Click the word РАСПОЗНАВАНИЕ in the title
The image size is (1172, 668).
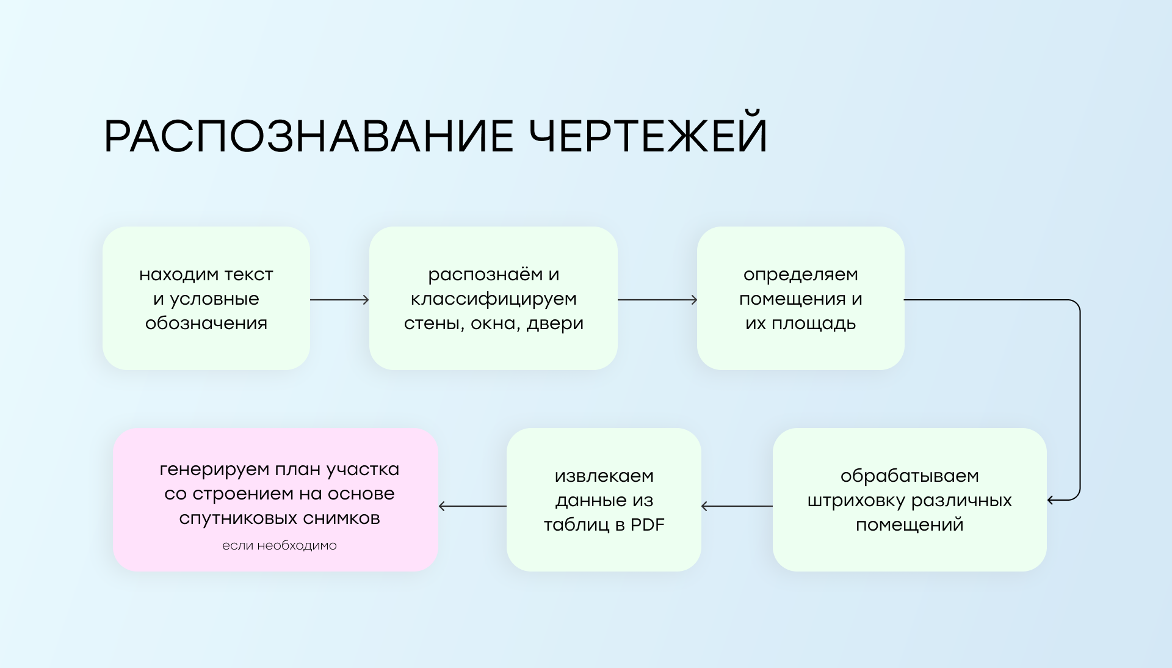click(x=309, y=136)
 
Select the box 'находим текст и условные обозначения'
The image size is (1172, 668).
click(x=206, y=298)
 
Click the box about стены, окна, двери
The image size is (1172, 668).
click(x=493, y=298)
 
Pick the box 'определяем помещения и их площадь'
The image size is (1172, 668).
click(x=800, y=298)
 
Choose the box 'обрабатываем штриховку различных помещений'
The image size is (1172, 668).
click(x=910, y=499)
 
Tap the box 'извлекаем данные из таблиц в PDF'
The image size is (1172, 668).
click(x=604, y=499)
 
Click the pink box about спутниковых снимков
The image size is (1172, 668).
click(x=276, y=499)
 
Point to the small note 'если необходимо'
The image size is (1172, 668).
click(x=280, y=545)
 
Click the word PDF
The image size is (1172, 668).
click(x=647, y=525)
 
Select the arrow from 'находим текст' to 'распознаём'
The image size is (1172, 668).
click(x=339, y=299)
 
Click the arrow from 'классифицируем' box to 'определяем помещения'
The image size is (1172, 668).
click(x=657, y=299)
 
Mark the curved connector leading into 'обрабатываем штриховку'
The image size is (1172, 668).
click(x=1080, y=400)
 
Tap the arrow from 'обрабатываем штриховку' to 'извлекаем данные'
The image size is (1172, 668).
click(x=737, y=506)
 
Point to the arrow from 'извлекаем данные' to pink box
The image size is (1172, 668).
click(x=472, y=506)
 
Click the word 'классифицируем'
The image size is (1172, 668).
click(x=493, y=299)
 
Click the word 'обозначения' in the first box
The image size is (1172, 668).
click(x=206, y=324)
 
